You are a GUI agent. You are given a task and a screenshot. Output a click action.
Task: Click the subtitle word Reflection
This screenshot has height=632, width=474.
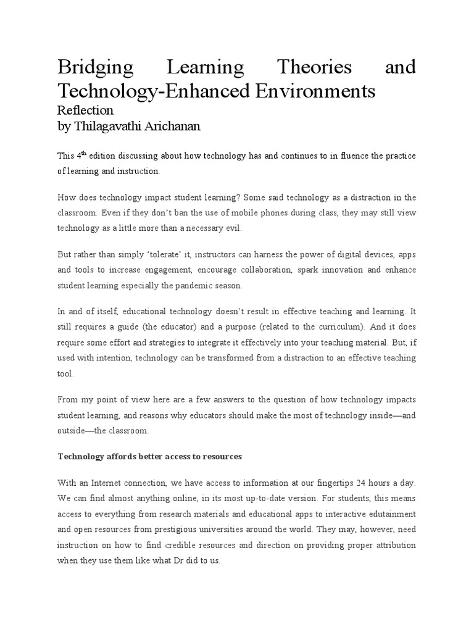[85, 110]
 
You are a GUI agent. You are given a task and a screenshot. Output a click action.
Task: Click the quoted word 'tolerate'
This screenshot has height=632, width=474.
[164, 254]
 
